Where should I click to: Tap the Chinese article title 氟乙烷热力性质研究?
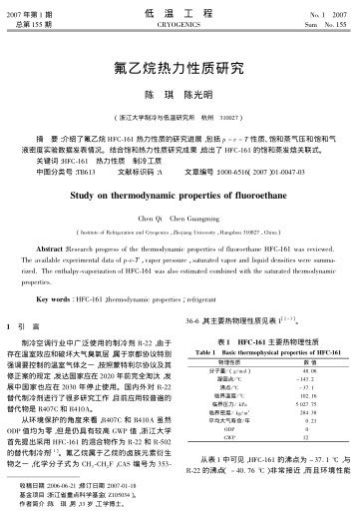click(x=180, y=70)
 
